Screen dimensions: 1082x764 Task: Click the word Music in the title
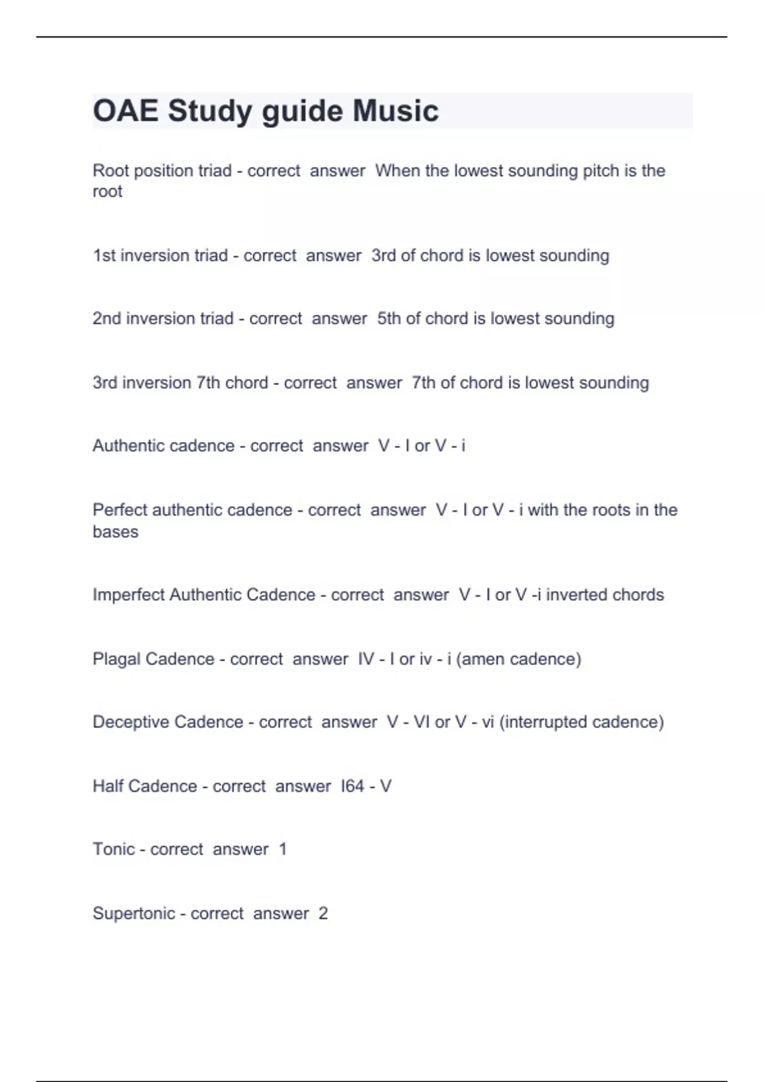395,111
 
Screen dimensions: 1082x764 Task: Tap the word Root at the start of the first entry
110,171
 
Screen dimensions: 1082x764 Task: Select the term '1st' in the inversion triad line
104,255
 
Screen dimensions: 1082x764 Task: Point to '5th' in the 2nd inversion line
389,318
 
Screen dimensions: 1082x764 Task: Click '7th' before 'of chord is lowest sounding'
423,383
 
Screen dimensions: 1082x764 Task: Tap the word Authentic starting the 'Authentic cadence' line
131,446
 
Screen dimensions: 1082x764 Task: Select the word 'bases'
115,531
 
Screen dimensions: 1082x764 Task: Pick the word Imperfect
129,594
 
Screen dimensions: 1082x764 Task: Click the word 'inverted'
576,594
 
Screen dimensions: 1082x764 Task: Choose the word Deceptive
131,722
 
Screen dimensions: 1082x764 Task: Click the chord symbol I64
352,786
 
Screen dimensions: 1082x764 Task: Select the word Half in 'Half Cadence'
108,786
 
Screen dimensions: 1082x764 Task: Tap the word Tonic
113,849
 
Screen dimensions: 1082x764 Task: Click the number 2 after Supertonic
323,913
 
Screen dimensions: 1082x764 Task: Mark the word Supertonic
134,913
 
